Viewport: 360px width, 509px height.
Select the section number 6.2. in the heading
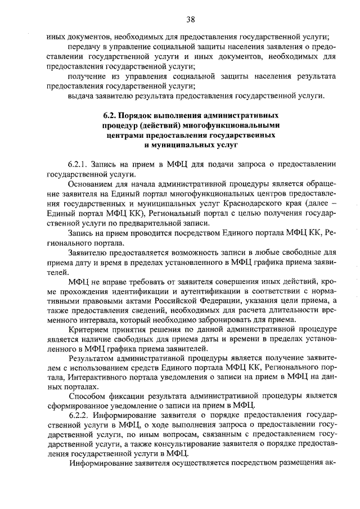(110, 116)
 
